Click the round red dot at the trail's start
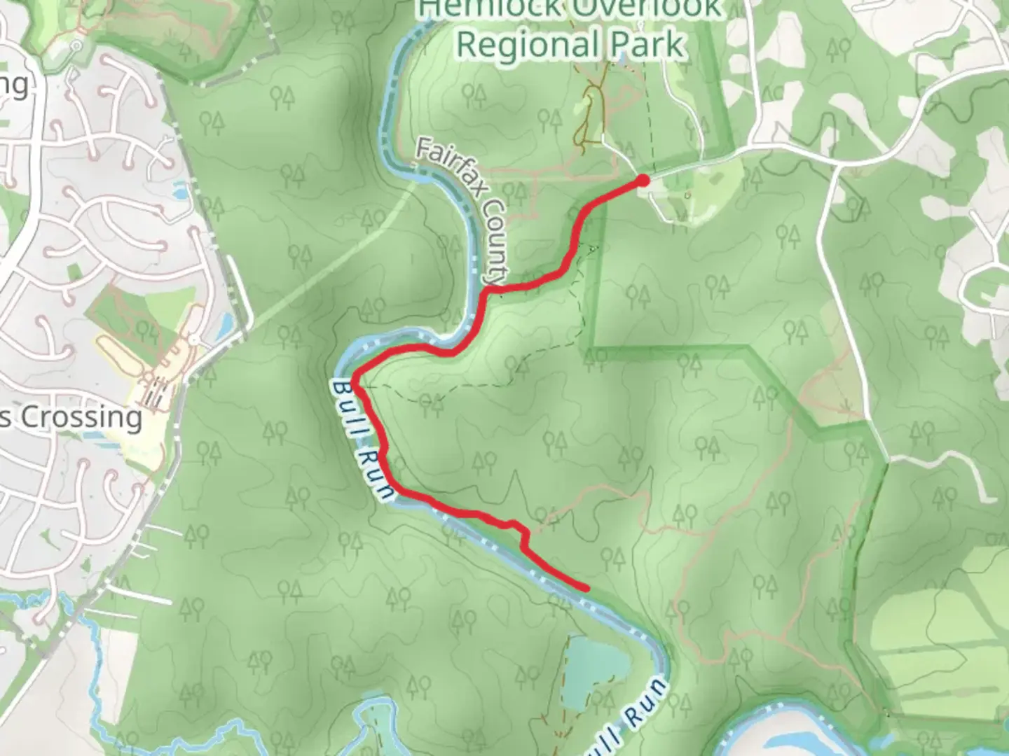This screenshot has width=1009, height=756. (642, 181)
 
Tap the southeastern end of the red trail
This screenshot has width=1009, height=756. (586, 588)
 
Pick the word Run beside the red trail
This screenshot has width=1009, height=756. (379, 473)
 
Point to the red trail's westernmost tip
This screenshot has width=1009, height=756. (356, 381)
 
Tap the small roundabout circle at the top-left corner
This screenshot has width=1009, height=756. (76, 46)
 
